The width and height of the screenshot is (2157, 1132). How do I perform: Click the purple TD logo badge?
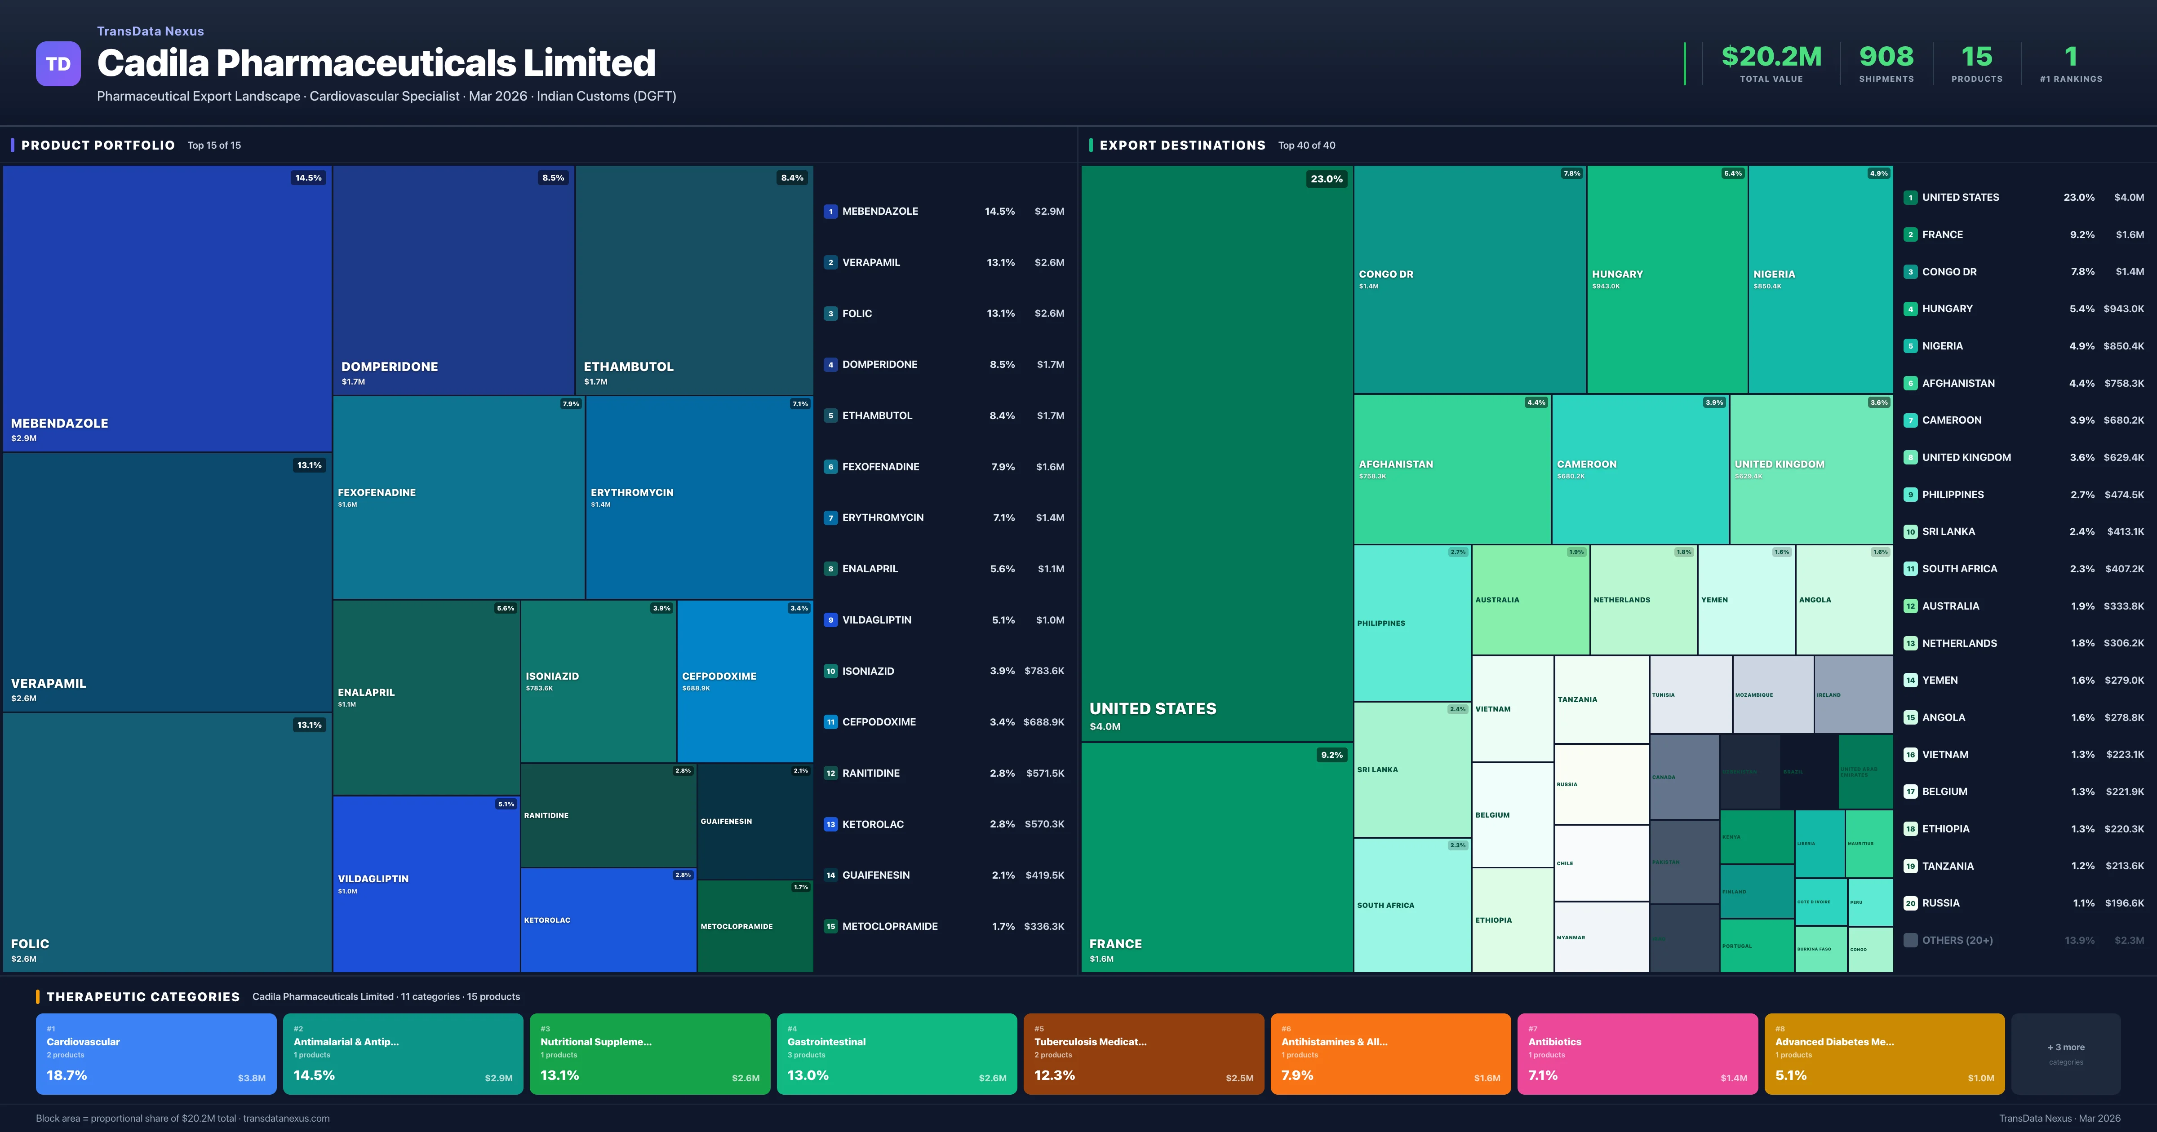point(58,64)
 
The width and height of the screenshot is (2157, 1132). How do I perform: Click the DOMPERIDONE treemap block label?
point(389,367)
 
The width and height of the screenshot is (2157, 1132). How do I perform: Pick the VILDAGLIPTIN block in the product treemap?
point(426,883)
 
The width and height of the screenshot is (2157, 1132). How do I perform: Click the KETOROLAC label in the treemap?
point(547,920)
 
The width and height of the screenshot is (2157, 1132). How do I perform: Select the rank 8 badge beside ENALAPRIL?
point(830,569)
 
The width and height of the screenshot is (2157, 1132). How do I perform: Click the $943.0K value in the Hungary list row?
point(2123,309)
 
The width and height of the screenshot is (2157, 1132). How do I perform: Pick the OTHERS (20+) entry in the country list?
point(1957,940)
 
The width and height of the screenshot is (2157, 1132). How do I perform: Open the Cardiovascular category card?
point(156,1053)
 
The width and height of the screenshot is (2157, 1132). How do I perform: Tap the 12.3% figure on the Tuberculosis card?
point(1054,1075)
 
